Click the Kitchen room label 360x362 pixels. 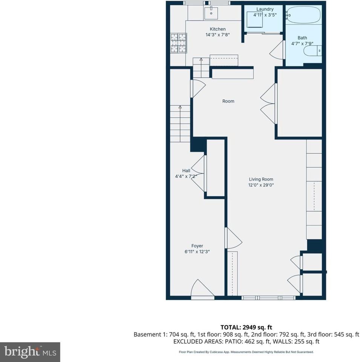218,29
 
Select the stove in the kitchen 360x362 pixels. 179,42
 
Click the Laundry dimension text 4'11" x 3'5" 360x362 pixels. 265,15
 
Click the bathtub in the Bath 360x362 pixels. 303,15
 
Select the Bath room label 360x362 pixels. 302,38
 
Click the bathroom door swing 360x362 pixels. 277,50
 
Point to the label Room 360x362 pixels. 228,101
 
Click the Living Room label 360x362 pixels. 261,179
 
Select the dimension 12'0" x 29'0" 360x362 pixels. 261,185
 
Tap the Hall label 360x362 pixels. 186,170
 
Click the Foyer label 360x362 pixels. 197,246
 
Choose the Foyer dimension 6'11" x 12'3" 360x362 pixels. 197,252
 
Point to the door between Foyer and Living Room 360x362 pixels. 233,238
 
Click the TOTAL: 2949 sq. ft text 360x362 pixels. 246,327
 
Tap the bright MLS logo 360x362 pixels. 30,352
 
